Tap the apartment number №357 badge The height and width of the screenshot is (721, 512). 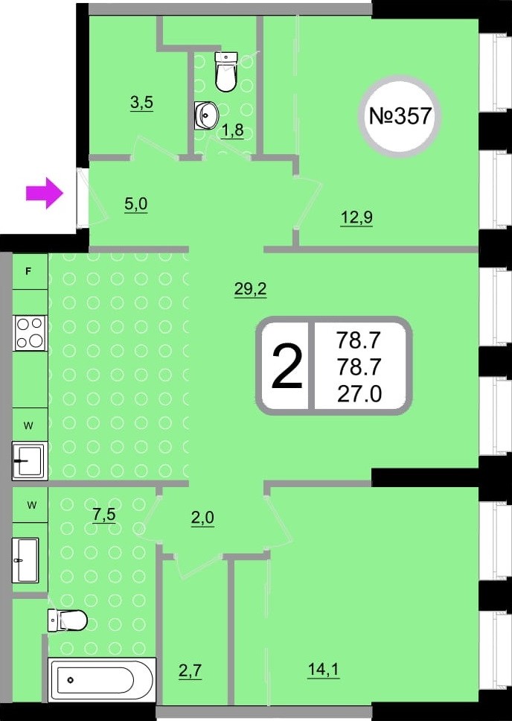400,116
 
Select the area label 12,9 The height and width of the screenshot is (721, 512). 356,217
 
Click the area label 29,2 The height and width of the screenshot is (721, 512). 250,290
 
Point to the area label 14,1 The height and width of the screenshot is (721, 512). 324,670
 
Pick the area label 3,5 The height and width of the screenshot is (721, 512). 141,103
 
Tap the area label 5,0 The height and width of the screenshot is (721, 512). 135,204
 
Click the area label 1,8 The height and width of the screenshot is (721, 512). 232,131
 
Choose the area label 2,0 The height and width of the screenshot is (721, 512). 202,518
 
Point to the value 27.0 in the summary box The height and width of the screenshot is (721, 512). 359,393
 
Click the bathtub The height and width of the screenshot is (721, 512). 102,679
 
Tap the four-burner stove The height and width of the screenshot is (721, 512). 30,333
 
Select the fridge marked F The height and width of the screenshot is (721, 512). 29,272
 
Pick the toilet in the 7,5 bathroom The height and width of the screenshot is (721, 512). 67,620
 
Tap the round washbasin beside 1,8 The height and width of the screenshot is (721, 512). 206,115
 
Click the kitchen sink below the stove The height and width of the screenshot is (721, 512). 30,460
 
